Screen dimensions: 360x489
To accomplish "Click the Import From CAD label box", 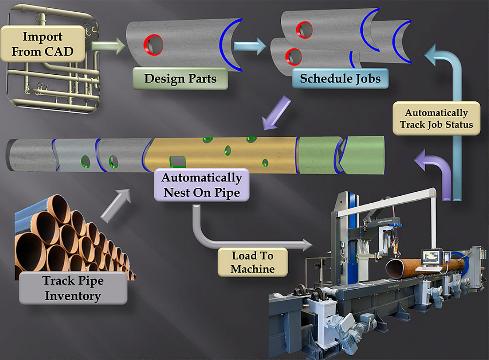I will pos(42,44).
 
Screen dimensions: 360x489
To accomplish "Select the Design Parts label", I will pos(180,79).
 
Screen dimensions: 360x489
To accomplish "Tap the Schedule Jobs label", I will pos(340,79).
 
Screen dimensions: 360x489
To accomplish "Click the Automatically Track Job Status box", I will pos(436,118).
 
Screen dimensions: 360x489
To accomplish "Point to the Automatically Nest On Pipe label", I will pos(201,185).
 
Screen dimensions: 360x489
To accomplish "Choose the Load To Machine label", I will pos(252,262).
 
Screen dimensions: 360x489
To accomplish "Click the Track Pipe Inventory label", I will pos(73,288).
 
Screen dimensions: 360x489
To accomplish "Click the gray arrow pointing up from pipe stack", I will pos(117,204).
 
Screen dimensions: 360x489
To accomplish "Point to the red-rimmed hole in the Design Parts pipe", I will pos(154,45).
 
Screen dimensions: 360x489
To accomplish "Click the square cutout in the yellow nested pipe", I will pos(177,162).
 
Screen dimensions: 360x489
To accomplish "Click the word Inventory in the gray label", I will pos(73,296).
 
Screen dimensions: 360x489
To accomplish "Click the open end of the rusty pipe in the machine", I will pos(398,268).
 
